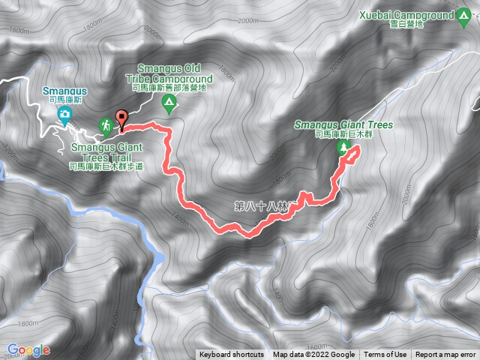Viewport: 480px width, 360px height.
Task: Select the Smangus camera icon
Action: [65, 114]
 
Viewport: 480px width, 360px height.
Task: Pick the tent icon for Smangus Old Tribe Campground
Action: [169, 102]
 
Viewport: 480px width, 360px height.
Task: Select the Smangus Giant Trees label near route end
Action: [343, 124]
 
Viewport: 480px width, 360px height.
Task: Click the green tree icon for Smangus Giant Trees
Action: [344, 147]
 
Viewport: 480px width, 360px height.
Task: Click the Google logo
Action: [28, 349]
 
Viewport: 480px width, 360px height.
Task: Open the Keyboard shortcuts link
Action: [231, 355]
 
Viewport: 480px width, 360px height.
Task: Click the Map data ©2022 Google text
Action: [313, 355]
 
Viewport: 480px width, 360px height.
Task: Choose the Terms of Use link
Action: [385, 355]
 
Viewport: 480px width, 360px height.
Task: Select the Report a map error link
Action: [445, 355]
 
